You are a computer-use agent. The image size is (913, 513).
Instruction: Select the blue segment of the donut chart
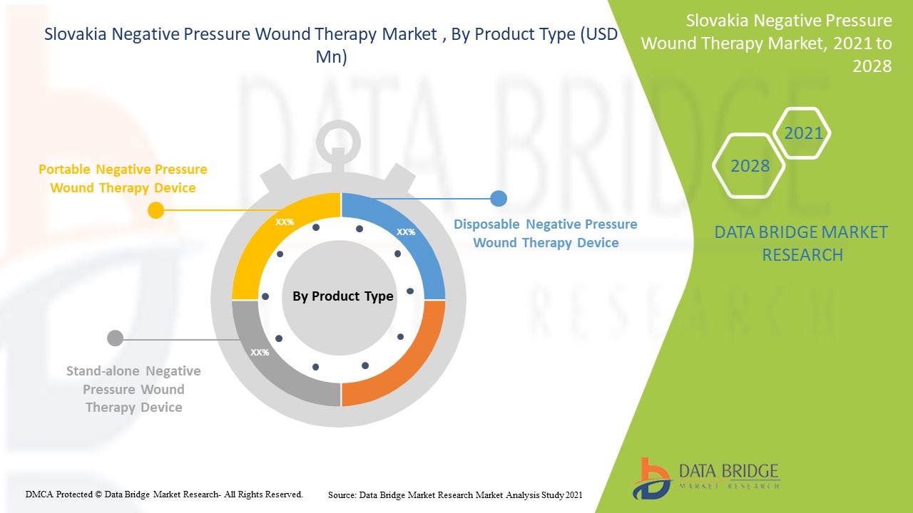pyautogui.click(x=421, y=249)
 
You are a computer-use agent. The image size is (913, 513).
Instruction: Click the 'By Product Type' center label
pyautogui.click(x=342, y=296)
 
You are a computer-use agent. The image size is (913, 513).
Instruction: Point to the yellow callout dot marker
pyautogui.click(x=155, y=210)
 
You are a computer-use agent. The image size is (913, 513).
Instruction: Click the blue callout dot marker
pyautogui.click(x=499, y=199)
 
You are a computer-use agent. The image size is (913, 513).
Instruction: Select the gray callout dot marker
pyautogui.click(x=115, y=338)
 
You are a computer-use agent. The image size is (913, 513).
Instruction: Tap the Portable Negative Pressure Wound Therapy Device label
pyautogui.click(x=123, y=179)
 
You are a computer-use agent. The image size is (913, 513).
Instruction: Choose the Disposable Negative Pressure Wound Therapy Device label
pyautogui.click(x=546, y=234)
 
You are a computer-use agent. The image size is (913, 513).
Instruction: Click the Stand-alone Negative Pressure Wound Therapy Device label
pyautogui.click(x=133, y=389)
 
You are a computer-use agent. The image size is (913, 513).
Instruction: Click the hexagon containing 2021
pyautogui.click(x=802, y=133)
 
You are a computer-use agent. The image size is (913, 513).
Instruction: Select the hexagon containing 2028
pyautogui.click(x=750, y=166)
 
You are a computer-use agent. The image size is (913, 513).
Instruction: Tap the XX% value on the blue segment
pyautogui.click(x=406, y=232)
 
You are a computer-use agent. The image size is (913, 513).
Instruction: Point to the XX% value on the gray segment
pyautogui.click(x=260, y=352)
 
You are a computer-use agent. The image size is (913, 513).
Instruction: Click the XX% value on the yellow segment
pyautogui.click(x=285, y=222)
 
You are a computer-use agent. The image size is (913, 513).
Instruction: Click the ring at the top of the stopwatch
pyautogui.click(x=338, y=142)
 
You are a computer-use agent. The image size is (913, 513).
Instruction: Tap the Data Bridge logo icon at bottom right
pyautogui.click(x=651, y=477)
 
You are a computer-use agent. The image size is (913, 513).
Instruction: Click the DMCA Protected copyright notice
pyautogui.click(x=164, y=494)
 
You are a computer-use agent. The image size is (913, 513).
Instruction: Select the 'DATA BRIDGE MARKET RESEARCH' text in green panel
pyautogui.click(x=802, y=243)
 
